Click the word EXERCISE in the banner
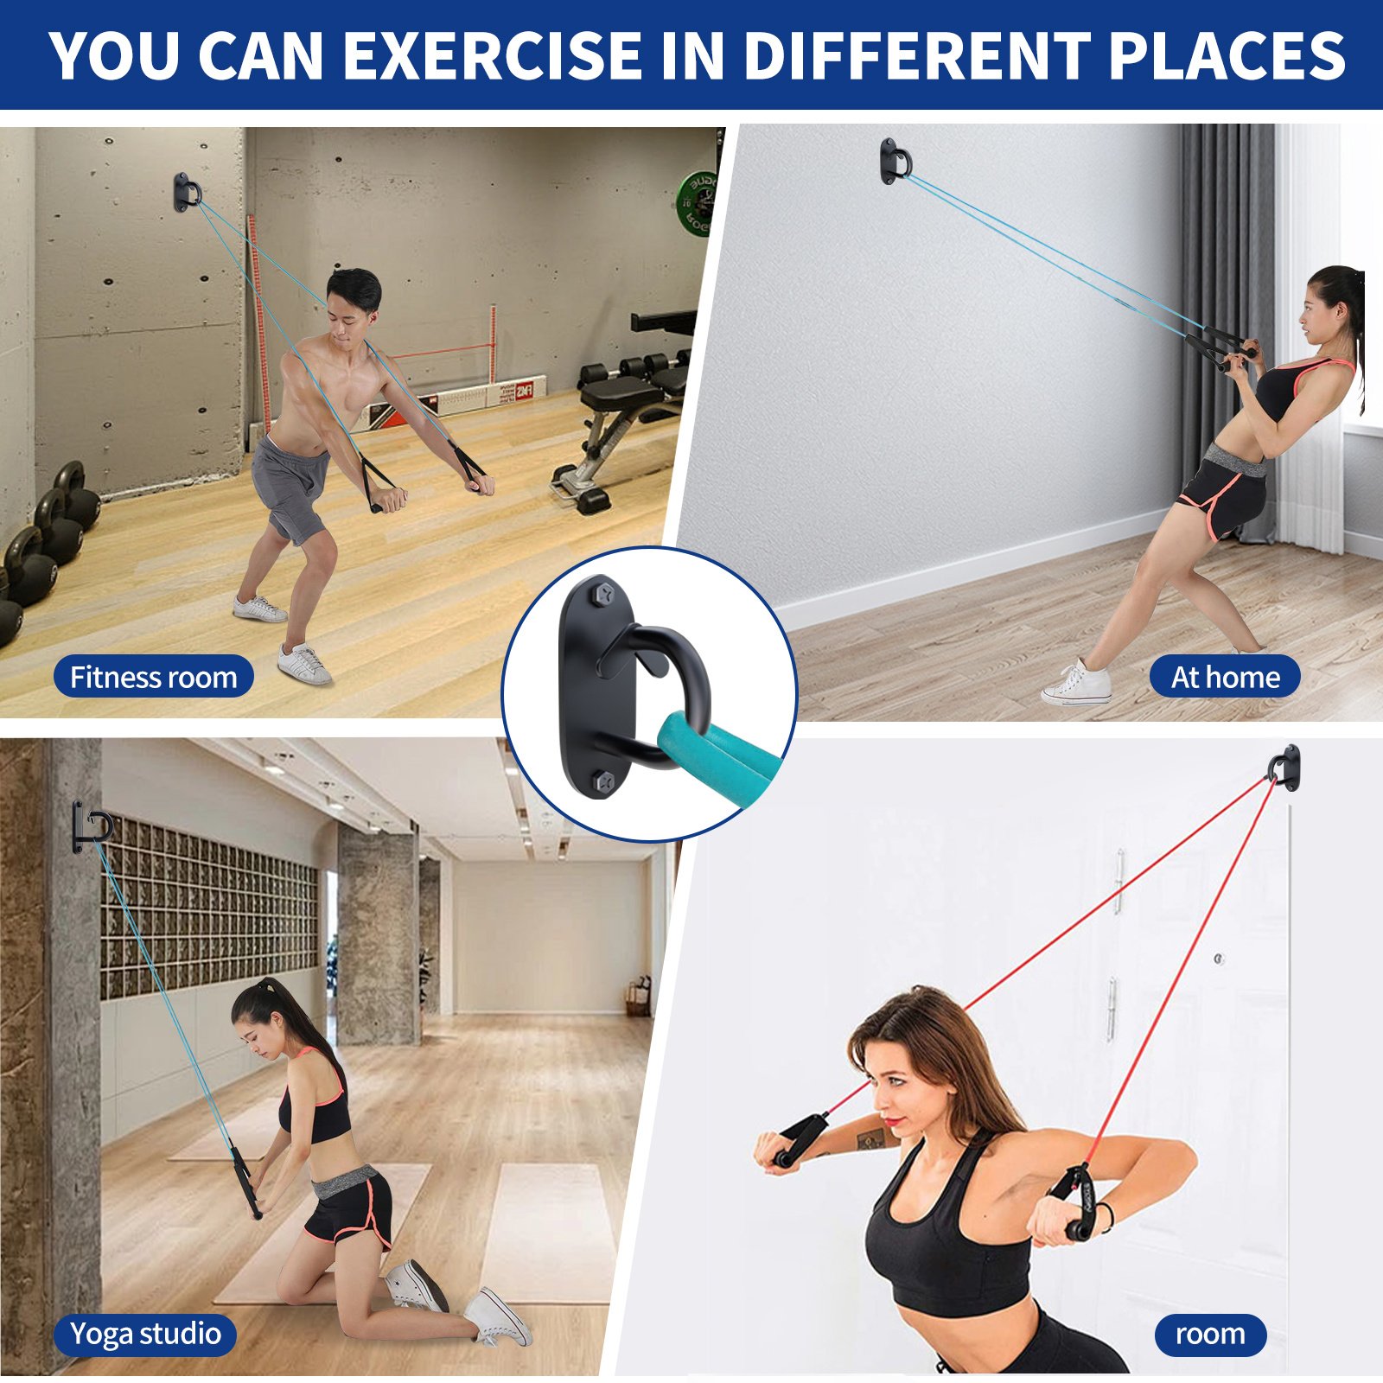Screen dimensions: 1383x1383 coord(493,56)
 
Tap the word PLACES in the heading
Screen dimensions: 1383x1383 coord(1227,56)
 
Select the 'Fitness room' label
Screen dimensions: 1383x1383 coord(153,677)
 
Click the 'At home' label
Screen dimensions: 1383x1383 coord(1225,677)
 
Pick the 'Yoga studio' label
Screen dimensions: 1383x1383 coord(144,1334)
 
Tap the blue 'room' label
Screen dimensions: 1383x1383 coord(1210,1334)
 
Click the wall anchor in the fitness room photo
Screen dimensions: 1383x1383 coord(186,192)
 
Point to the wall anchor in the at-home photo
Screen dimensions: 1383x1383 coord(895,161)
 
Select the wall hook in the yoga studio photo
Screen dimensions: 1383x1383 coord(89,826)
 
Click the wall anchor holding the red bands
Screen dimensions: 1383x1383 coord(1285,768)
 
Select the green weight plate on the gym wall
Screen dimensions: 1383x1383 coord(697,204)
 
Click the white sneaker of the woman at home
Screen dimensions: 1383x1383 coord(1077,683)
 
